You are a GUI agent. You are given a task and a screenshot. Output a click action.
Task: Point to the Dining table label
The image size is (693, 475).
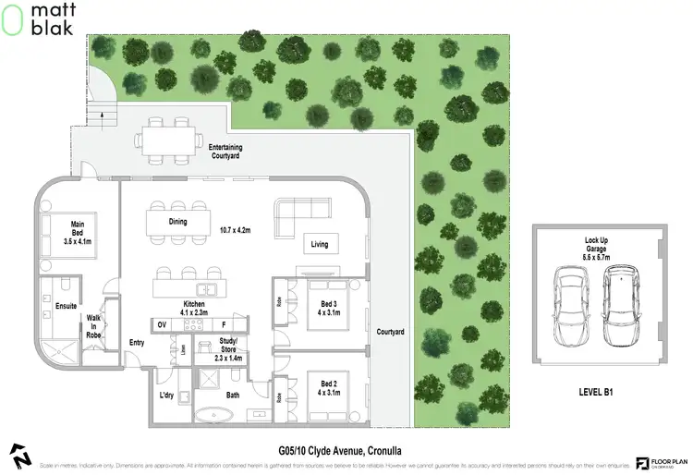click(177, 222)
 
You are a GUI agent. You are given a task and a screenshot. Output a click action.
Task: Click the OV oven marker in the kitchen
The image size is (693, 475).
click(162, 325)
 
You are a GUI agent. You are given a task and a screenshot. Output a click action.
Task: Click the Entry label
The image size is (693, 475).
click(137, 343)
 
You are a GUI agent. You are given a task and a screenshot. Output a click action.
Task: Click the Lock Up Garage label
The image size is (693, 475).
click(595, 246)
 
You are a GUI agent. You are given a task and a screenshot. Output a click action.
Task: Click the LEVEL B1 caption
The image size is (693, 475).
click(596, 392)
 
